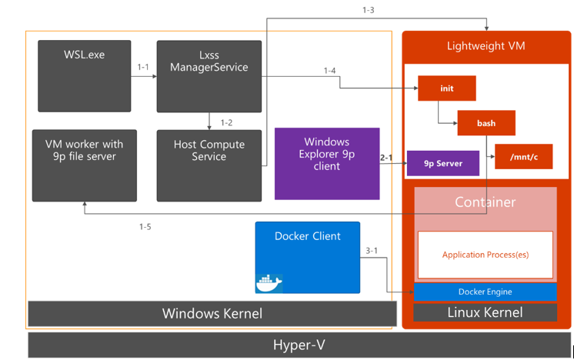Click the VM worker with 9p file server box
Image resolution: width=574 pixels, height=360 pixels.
click(85, 165)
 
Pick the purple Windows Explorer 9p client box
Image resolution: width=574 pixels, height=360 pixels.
click(327, 163)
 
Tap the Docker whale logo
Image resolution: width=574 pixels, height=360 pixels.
click(269, 283)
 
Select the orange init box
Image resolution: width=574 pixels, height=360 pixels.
click(446, 88)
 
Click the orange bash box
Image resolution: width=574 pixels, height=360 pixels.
click(486, 123)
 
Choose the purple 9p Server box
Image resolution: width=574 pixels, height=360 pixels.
click(443, 163)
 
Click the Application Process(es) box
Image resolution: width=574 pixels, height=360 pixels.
click(485, 255)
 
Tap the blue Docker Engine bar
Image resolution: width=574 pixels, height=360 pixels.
click(485, 292)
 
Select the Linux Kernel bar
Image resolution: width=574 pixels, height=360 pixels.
click(485, 312)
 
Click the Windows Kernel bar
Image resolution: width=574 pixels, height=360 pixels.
click(212, 314)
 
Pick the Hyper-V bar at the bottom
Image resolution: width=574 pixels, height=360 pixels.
click(299, 345)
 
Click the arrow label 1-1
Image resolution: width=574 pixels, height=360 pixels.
click(143, 68)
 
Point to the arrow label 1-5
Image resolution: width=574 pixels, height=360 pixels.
click(145, 227)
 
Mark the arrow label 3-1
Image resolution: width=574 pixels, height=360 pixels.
click(372, 251)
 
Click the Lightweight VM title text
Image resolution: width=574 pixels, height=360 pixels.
click(486, 46)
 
